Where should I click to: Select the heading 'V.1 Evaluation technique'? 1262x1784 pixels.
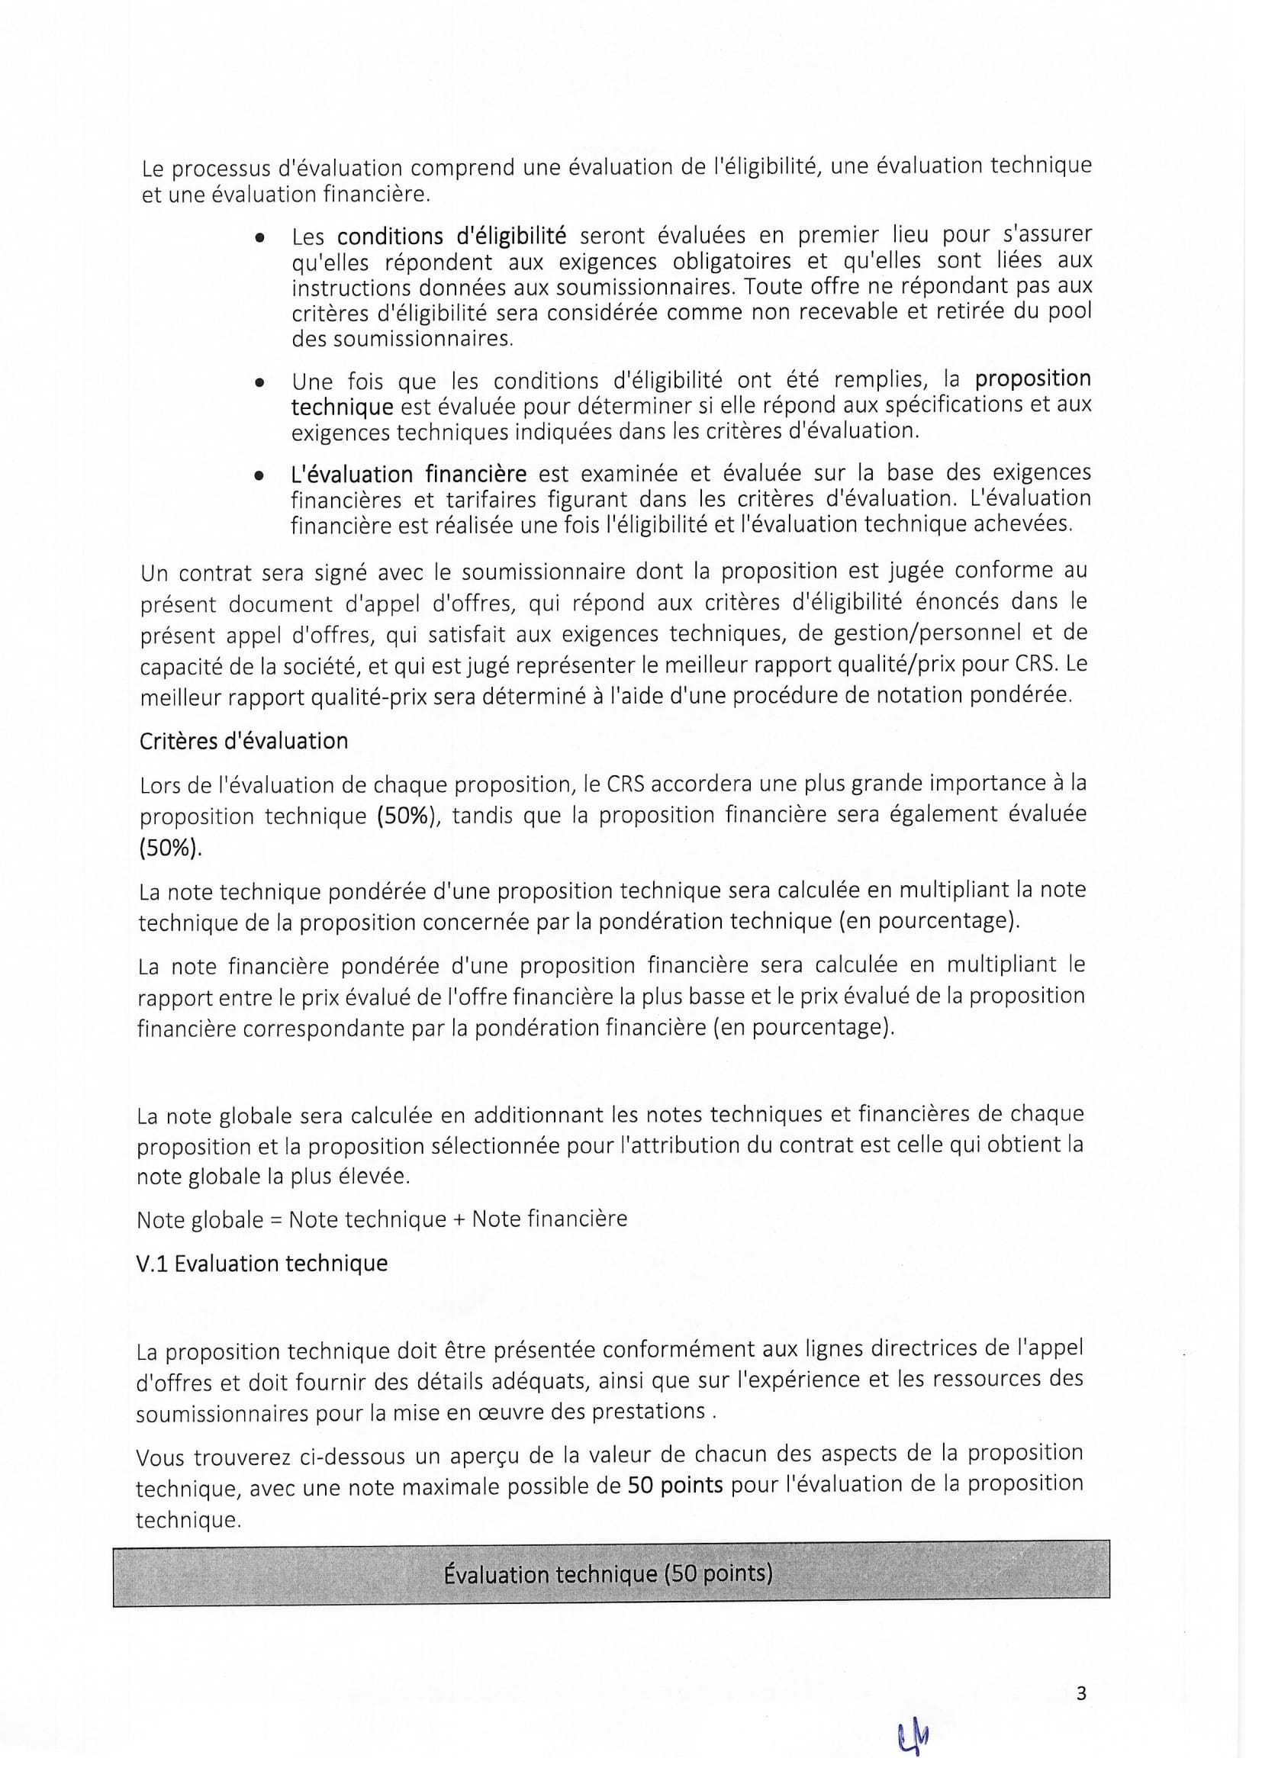point(262,1264)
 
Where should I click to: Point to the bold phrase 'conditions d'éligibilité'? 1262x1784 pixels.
point(452,236)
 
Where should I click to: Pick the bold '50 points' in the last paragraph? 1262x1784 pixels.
point(675,1485)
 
